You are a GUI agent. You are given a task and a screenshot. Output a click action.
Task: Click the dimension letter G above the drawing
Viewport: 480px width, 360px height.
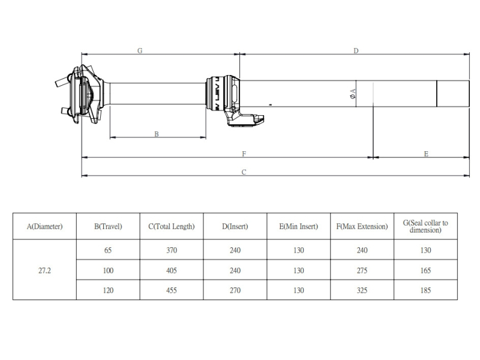coord(140,50)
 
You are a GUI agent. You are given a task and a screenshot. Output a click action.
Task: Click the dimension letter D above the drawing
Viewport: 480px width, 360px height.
coord(356,50)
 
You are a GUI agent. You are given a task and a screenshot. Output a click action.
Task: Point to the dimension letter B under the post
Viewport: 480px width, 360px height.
coord(157,134)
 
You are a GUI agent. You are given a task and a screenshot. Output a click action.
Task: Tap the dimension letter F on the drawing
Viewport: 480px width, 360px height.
coord(244,154)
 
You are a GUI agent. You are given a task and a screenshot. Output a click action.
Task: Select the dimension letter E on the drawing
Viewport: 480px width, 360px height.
coord(426,154)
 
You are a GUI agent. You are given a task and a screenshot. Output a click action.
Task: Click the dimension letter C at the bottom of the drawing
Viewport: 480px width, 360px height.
coord(244,172)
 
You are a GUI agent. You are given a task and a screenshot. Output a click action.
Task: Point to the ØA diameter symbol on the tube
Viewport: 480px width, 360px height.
coord(352,94)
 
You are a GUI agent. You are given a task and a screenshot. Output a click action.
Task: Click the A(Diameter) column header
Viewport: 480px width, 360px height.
coord(44,226)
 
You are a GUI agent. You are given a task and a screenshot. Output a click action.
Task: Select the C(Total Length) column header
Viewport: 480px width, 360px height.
coord(172,226)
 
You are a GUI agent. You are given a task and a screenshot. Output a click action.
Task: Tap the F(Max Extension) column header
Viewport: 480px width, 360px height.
coord(362,226)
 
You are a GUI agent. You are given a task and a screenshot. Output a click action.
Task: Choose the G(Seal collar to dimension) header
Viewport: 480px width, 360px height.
coord(425,227)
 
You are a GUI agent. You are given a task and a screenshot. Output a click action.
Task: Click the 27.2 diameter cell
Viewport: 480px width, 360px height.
coord(44,271)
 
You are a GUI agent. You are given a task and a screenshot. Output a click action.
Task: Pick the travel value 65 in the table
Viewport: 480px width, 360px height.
coord(108,250)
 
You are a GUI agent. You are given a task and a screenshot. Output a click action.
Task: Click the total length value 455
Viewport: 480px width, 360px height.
coord(172,290)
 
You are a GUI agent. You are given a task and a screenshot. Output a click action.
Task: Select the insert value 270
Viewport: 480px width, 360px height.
coord(235,290)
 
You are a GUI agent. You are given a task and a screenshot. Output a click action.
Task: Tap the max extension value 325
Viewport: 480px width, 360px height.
coord(362,290)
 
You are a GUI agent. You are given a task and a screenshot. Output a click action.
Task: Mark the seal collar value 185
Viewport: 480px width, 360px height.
coord(425,290)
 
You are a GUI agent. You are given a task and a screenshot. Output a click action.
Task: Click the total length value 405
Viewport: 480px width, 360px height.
coord(172,271)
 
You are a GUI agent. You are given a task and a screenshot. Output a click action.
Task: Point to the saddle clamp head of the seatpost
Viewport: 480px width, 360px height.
coord(81,94)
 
